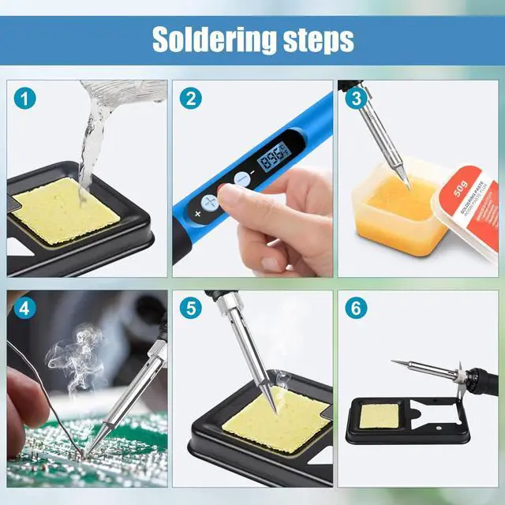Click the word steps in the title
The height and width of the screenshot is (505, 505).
(x=313, y=39)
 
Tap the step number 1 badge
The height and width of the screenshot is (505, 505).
(x=26, y=99)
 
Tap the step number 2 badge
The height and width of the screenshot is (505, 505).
(x=190, y=99)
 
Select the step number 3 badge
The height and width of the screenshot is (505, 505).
(x=356, y=99)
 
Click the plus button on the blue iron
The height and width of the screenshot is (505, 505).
(x=209, y=203)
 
